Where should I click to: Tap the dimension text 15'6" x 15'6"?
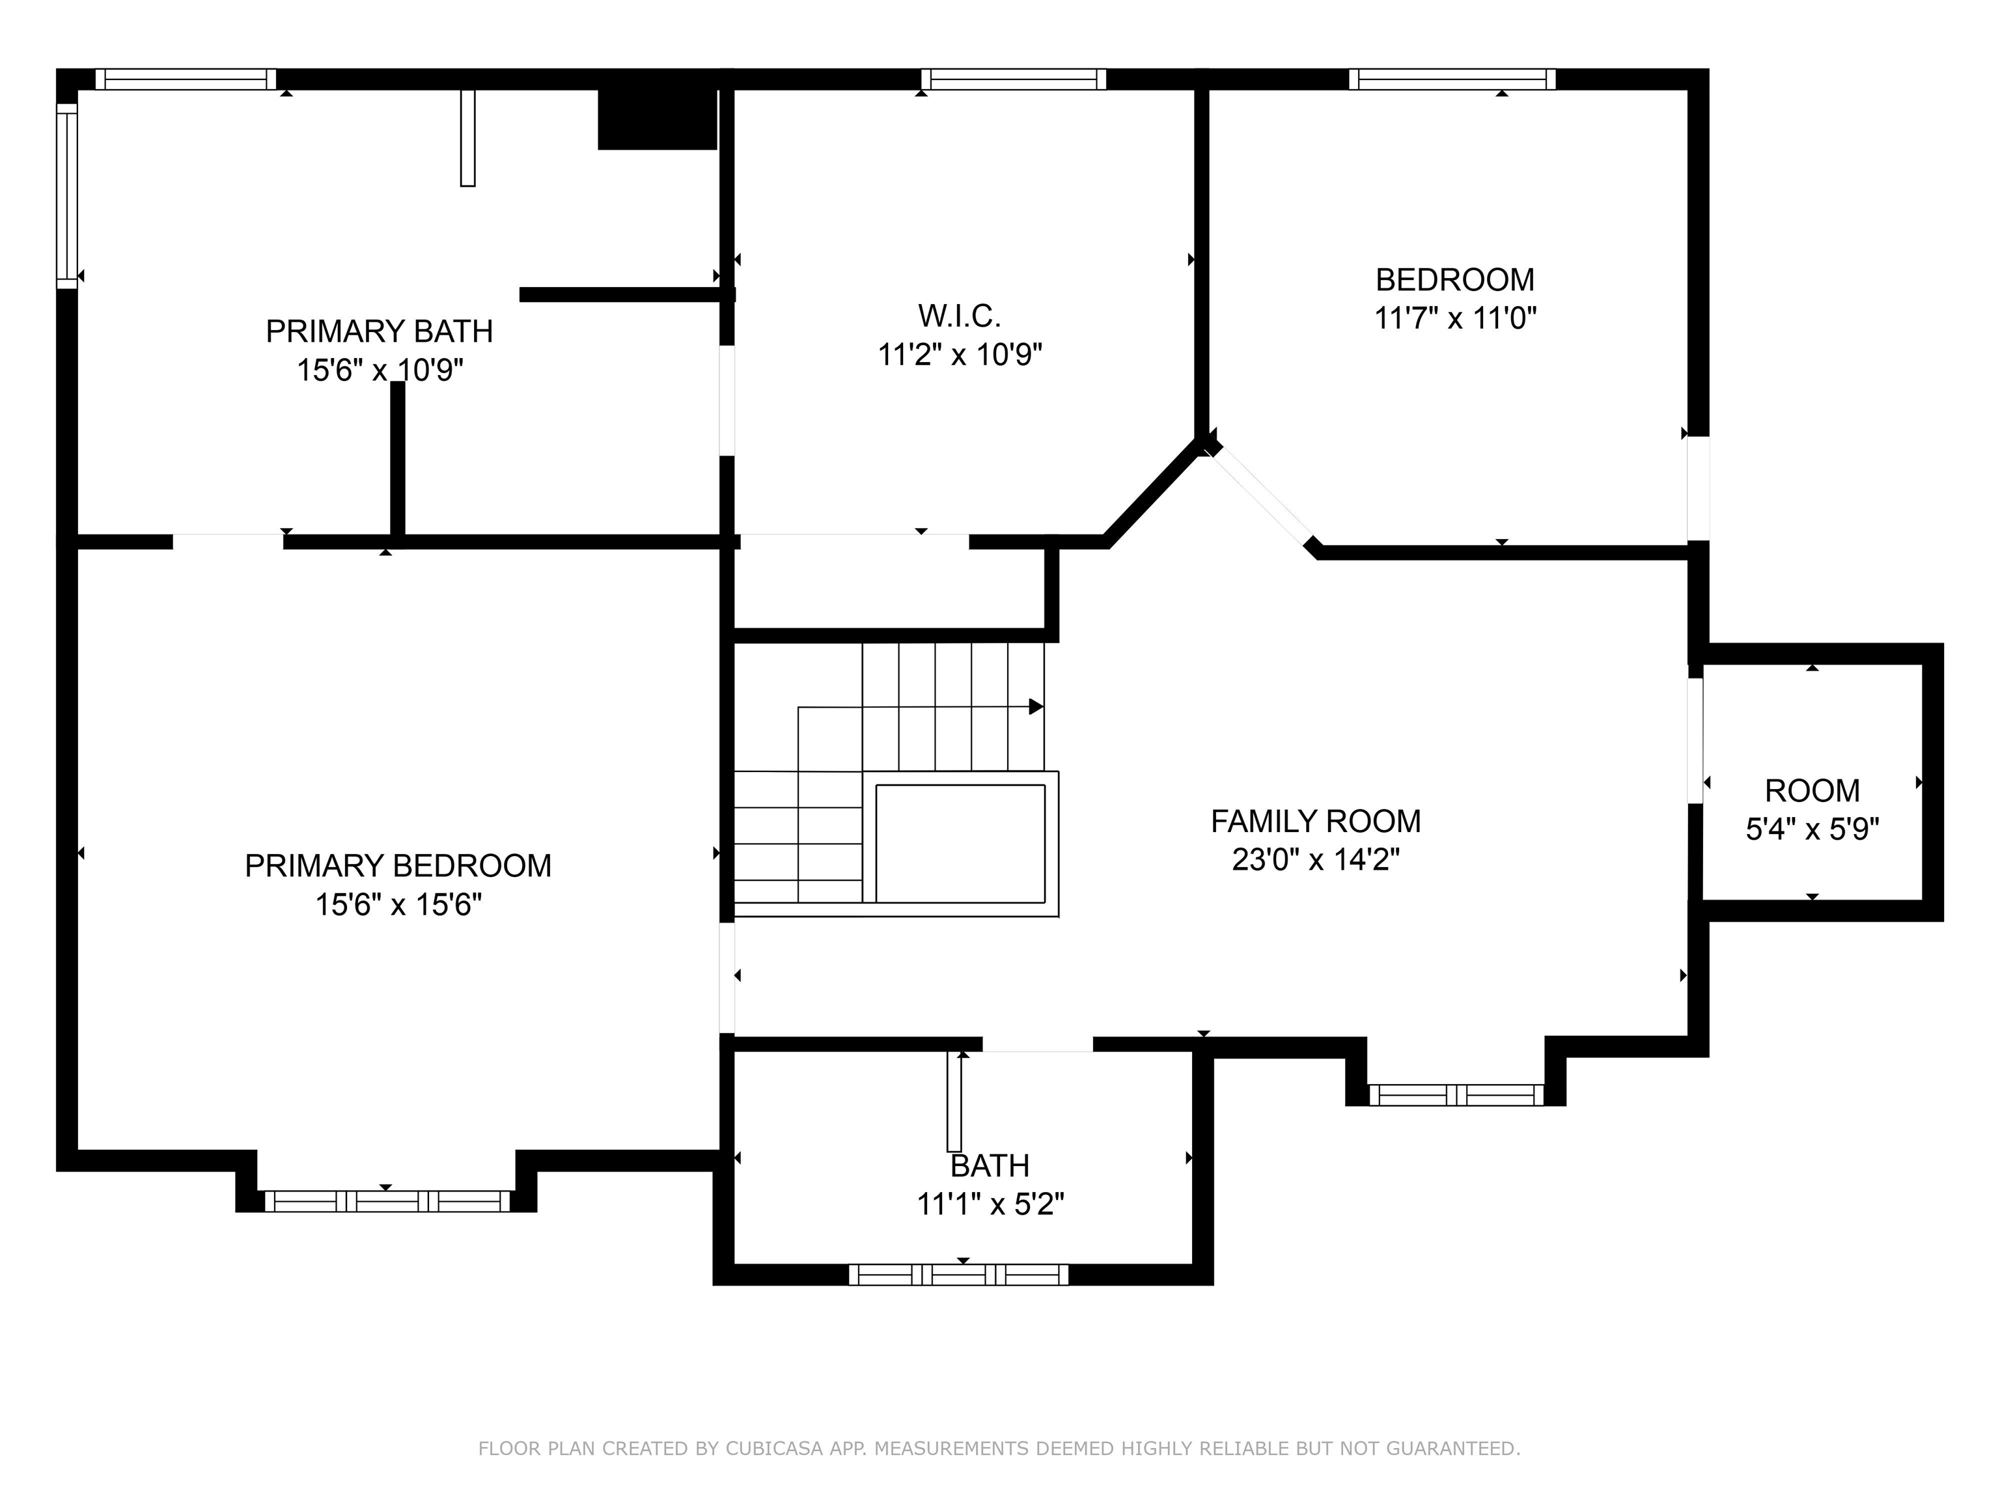tap(398, 904)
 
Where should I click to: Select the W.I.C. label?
tap(960, 316)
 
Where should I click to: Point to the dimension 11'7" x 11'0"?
tap(1455, 318)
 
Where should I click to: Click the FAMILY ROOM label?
tap(1316, 821)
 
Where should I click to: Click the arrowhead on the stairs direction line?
tap(1036, 706)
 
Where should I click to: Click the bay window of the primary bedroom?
tap(386, 1201)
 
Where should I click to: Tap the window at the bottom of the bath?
tap(958, 1274)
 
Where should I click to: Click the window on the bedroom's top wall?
tap(1452, 79)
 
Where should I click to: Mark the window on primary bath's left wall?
tap(67, 195)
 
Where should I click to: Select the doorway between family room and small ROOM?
tap(1696, 740)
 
